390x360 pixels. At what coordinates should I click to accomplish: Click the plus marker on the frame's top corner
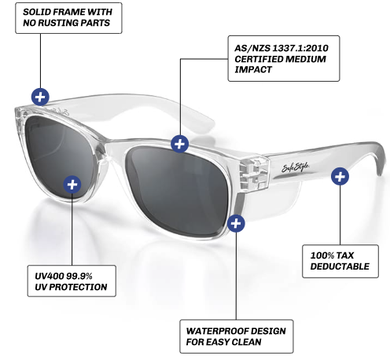point(40,97)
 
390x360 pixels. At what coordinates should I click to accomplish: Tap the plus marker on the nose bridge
point(179,144)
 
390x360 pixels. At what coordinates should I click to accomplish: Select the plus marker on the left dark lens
point(72,185)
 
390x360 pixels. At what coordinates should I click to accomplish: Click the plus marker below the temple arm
point(340,176)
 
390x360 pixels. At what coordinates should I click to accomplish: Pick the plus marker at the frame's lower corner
point(236,223)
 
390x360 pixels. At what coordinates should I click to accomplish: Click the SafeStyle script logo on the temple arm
point(295,167)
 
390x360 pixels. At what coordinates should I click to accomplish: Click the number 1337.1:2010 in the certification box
point(300,48)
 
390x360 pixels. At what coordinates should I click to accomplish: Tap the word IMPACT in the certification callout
point(253,70)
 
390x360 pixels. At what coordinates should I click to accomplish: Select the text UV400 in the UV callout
point(50,276)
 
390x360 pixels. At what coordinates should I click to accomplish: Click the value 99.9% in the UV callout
point(79,276)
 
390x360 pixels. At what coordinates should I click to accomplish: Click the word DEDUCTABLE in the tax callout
point(340,266)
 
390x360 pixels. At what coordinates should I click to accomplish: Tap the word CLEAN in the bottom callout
point(246,342)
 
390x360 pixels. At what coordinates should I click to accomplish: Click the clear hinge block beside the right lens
point(254,172)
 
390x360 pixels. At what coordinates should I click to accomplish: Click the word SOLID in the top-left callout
point(34,12)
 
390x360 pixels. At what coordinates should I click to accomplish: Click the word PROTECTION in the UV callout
point(78,287)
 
